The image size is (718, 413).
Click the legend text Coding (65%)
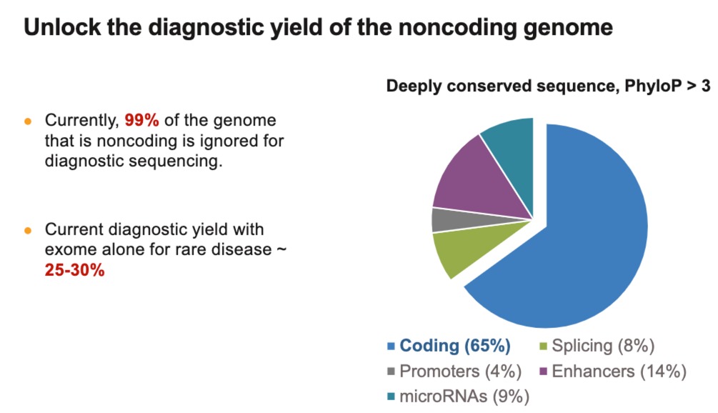click(455, 346)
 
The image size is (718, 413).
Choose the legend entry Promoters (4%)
click(460, 371)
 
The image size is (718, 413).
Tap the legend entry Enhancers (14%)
click(619, 371)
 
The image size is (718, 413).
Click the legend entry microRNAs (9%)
click(464, 395)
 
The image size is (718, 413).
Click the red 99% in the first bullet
click(142, 120)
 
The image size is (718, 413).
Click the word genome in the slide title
click(572, 27)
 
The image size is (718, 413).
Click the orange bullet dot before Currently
click(28, 121)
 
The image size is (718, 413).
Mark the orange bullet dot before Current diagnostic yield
click(28, 231)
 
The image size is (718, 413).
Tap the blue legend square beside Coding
click(391, 347)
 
